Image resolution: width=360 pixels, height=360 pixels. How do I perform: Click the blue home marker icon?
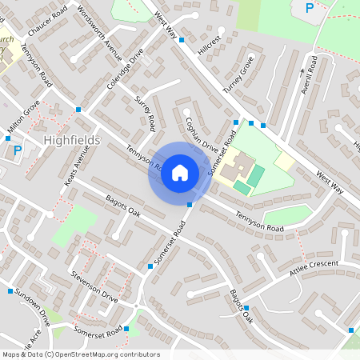pos(180,173)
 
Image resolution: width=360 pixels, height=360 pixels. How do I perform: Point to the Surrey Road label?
pos(146,113)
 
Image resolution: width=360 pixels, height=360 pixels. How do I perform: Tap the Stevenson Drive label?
pos(94,286)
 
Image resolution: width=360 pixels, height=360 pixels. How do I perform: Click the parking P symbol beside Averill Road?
pos(310,8)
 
